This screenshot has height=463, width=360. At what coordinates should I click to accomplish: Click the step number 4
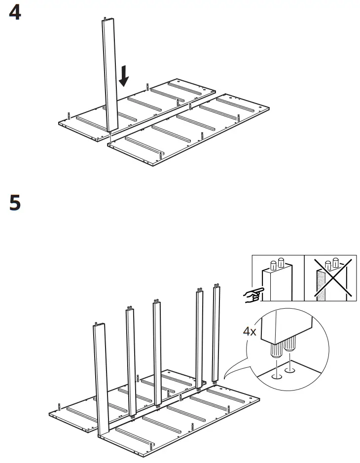(15, 13)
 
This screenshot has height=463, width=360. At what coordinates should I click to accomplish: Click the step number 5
(15, 204)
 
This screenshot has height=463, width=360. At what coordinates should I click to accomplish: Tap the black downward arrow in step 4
(124, 75)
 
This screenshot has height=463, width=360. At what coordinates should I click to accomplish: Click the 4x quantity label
(250, 331)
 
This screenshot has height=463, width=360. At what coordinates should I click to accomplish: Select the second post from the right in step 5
(199, 338)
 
